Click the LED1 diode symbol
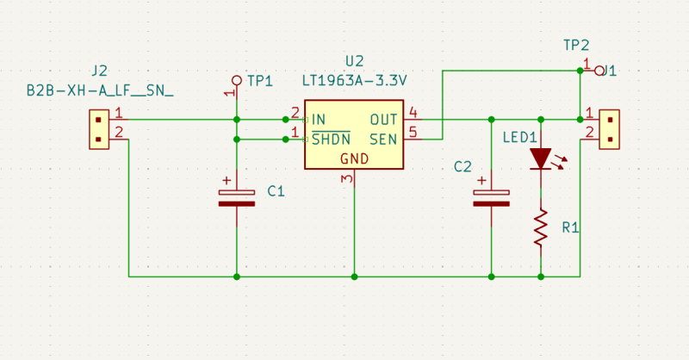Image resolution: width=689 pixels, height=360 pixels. pyautogui.click(x=541, y=158)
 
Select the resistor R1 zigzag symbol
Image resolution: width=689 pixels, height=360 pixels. pyautogui.click(x=541, y=227)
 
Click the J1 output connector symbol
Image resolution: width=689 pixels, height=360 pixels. pyautogui.click(x=610, y=129)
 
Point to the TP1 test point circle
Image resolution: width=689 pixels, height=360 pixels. pyautogui.click(x=237, y=79)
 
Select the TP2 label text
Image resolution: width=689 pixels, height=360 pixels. pyautogui.click(x=577, y=45)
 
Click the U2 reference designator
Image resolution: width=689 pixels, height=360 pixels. pyautogui.click(x=354, y=61)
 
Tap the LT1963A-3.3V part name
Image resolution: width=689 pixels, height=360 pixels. pyautogui.click(x=354, y=80)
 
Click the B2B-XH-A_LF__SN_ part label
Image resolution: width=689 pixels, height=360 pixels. pyautogui.click(x=100, y=89)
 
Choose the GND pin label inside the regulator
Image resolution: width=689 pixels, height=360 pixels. pyautogui.click(x=354, y=158)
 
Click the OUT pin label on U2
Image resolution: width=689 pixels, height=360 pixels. pyautogui.click(x=383, y=120)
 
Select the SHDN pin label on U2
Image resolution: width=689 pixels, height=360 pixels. pyautogui.click(x=331, y=139)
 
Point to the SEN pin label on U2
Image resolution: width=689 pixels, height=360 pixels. pyautogui.click(x=383, y=138)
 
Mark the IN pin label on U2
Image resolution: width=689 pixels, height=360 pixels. pyautogui.click(x=319, y=120)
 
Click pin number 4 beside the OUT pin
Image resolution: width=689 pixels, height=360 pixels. pyautogui.click(x=413, y=113)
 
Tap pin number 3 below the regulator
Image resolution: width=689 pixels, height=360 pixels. pyautogui.click(x=346, y=179)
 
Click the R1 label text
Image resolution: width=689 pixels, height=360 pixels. pyautogui.click(x=570, y=227)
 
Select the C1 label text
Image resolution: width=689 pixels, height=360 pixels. pyautogui.click(x=276, y=191)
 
